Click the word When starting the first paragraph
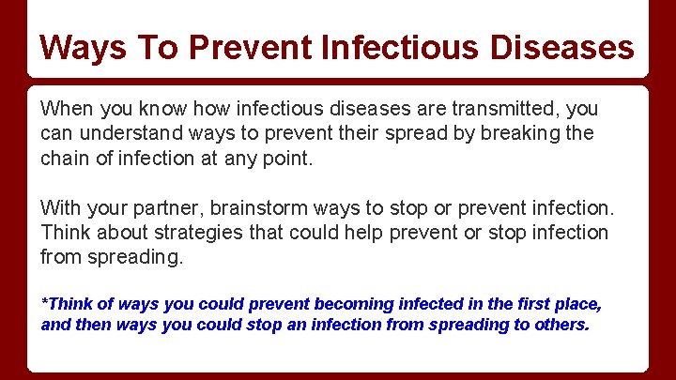tap(67, 110)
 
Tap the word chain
tap(64, 158)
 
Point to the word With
tap(60, 207)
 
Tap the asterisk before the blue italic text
tap(44, 301)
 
